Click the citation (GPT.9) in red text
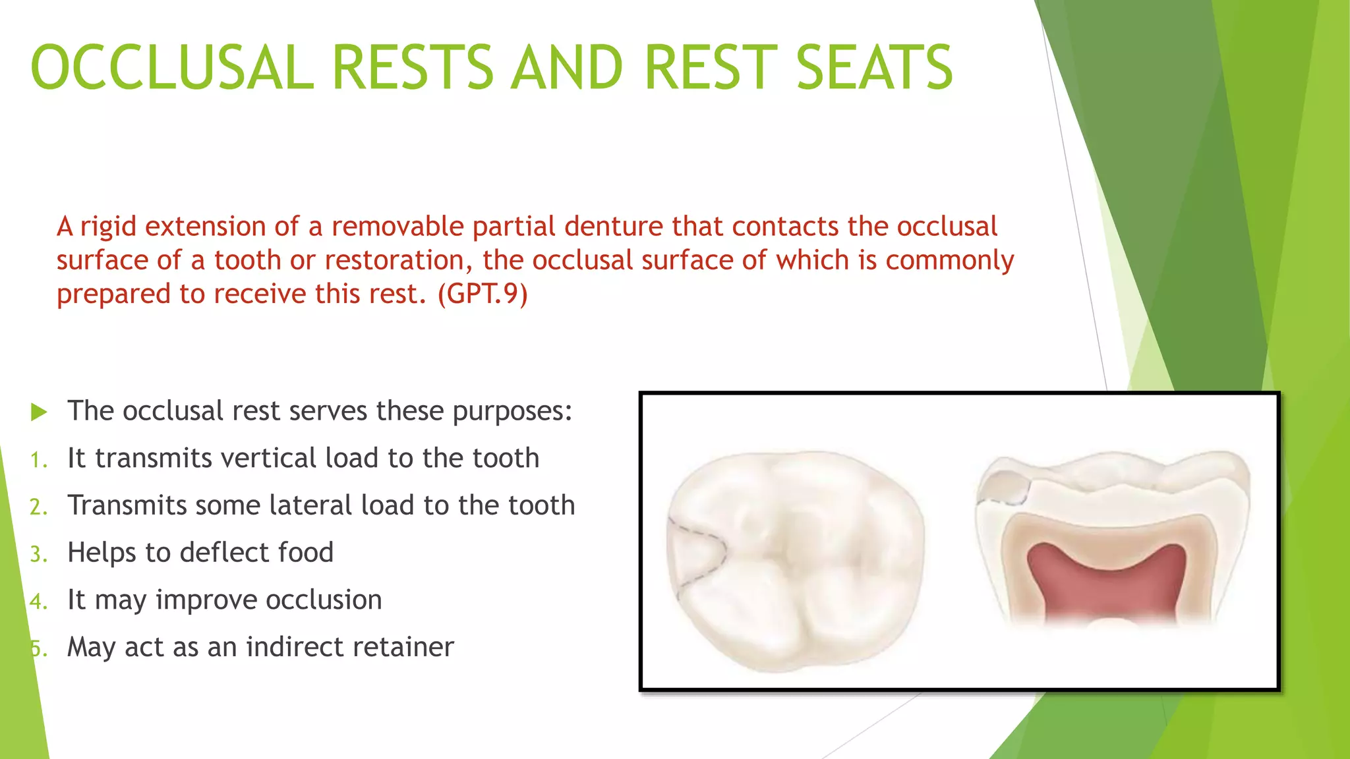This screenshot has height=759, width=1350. pyautogui.click(x=483, y=293)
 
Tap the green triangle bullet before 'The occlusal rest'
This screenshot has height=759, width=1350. pyautogui.click(x=39, y=412)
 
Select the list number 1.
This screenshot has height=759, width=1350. pyautogui.click(x=38, y=460)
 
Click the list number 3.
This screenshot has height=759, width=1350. pyautogui.click(x=38, y=554)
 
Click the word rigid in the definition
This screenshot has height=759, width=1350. pyautogui.click(x=109, y=227)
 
